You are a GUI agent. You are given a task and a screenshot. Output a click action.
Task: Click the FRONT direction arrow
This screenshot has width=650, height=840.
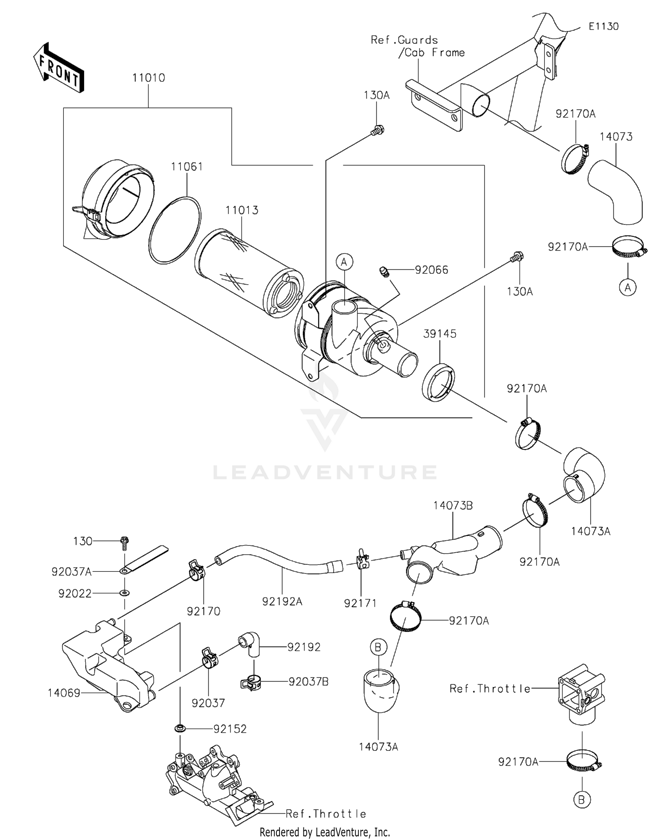[x=58, y=68]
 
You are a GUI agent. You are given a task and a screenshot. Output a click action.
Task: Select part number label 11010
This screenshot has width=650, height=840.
[x=149, y=78]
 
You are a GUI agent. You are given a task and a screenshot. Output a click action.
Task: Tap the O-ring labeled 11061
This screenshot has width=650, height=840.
[x=175, y=230]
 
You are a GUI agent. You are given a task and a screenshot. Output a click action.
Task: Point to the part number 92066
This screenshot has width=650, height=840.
[x=431, y=270]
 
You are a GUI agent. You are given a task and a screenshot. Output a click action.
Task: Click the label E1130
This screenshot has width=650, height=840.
[x=603, y=26]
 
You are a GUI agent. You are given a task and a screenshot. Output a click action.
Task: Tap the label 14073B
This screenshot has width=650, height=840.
[x=453, y=505]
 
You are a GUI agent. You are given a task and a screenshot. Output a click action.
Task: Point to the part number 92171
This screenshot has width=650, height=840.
[x=360, y=603]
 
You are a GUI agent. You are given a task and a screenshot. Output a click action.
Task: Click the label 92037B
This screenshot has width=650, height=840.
[x=309, y=682]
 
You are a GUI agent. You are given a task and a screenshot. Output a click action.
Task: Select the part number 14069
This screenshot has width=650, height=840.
[x=64, y=693]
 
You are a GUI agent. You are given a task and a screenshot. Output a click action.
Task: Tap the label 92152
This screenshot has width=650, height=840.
[x=230, y=729]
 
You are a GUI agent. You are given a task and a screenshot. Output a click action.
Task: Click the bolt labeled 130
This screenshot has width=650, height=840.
[x=125, y=542]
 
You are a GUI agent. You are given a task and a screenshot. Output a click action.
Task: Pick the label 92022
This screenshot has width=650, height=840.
[x=75, y=593]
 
